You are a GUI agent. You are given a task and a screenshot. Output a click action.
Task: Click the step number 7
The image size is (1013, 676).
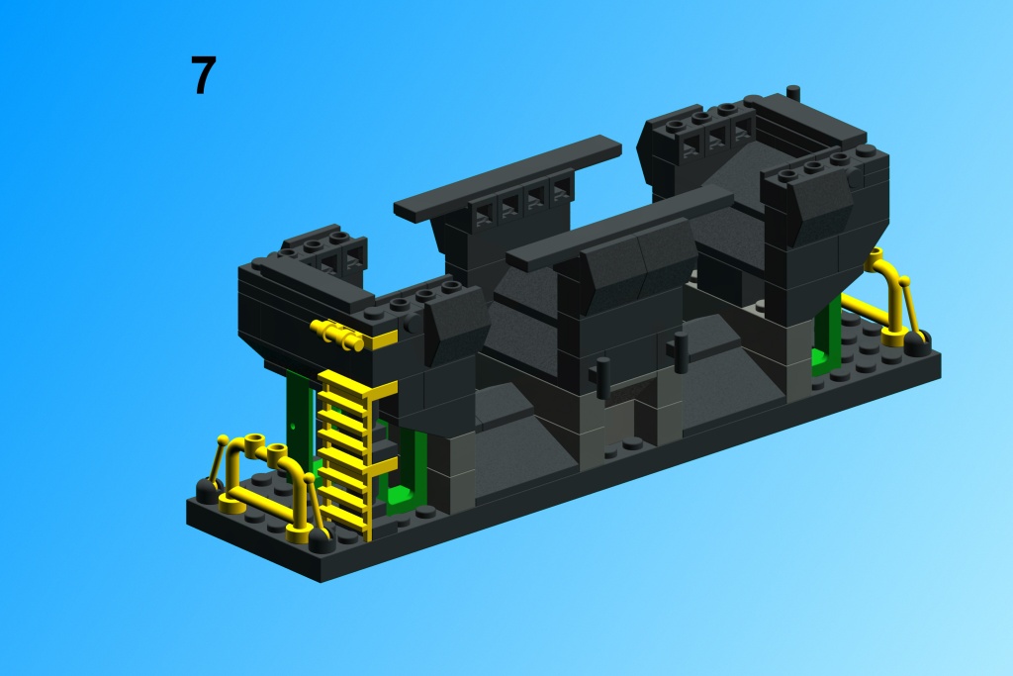203,75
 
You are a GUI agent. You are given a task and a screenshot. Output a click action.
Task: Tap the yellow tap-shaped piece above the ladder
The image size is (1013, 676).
338,335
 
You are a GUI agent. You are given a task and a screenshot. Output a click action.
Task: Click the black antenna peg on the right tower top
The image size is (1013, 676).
793,93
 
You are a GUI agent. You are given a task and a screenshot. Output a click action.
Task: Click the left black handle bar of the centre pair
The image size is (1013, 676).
603,377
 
